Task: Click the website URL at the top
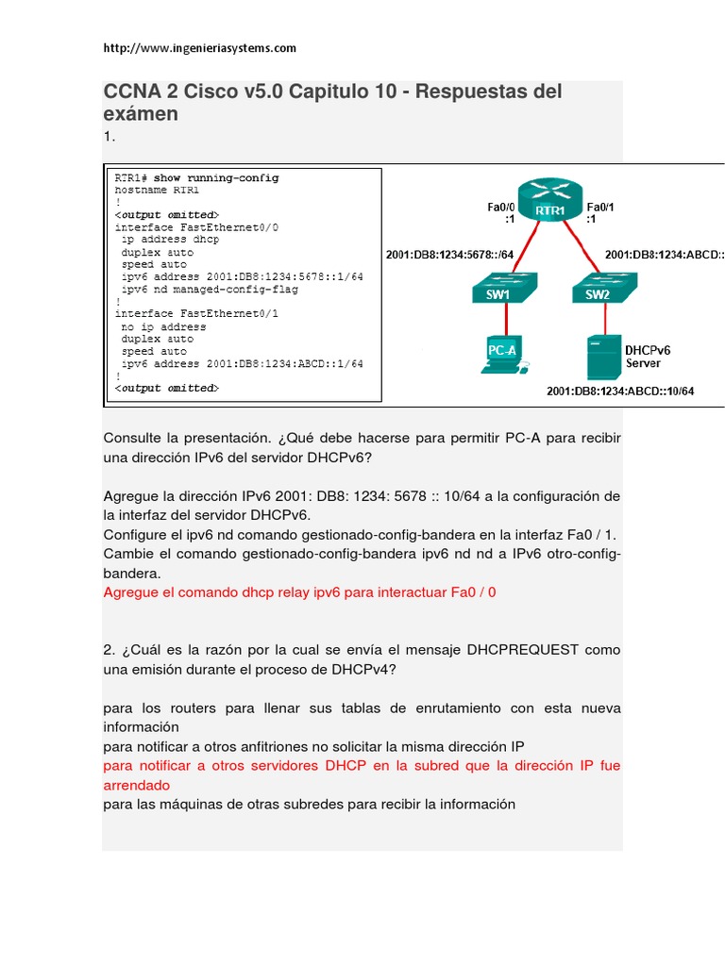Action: [x=199, y=47]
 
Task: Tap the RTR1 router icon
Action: [x=549, y=203]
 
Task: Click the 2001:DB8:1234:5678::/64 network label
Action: [x=449, y=254]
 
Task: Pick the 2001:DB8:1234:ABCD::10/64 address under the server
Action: [x=620, y=391]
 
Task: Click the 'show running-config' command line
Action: [x=196, y=177]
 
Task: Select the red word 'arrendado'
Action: [x=137, y=784]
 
